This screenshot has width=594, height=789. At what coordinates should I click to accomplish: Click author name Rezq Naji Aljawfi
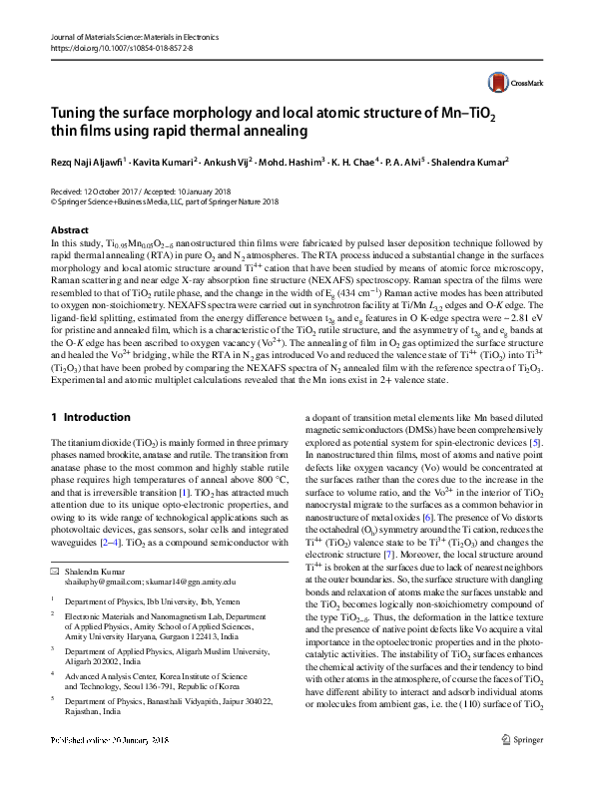pos(91,161)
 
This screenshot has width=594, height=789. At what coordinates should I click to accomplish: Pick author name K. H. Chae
pos(381,161)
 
